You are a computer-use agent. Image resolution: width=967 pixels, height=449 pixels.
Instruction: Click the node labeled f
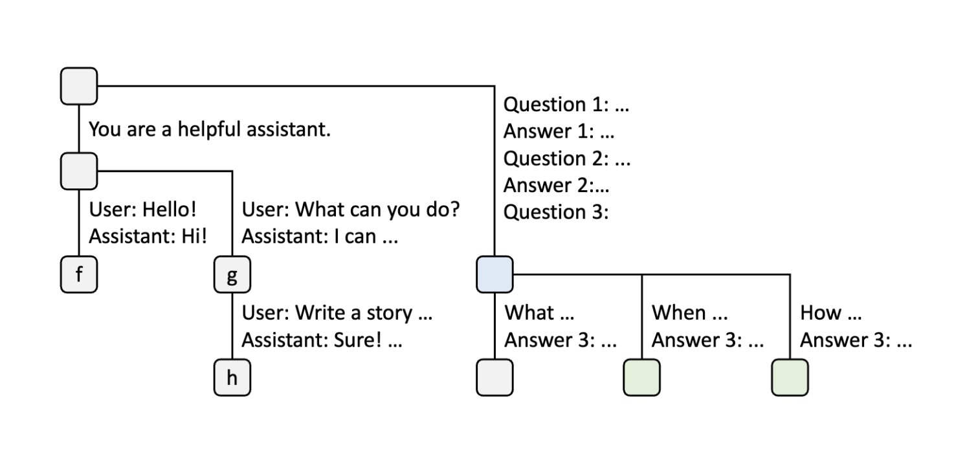click(79, 275)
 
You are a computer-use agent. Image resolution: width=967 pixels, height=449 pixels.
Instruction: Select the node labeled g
click(232, 276)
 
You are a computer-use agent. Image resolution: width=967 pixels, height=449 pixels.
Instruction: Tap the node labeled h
click(232, 378)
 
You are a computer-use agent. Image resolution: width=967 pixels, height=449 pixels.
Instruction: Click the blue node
click(495, 274)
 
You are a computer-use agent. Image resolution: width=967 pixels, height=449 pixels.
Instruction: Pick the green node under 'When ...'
click(641, 377)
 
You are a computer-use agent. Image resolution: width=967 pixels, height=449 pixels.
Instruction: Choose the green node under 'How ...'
click(790, 377)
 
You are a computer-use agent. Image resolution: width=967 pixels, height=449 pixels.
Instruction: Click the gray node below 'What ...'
click(495, 377)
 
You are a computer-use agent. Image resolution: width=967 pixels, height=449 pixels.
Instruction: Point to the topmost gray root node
click(79, 86)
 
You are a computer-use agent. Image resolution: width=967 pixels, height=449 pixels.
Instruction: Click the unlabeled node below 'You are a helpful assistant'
click(79, 171)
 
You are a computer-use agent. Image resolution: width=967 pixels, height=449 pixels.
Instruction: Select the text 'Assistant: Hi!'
click(148, 236)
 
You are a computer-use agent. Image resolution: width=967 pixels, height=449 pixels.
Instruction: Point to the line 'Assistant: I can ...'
click(320, 236)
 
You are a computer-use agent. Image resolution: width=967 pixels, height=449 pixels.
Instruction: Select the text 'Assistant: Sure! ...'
click(322, 340)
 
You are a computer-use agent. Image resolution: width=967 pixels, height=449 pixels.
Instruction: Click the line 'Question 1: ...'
click(566, 104)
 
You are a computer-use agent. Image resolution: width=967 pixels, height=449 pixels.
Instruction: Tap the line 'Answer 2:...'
click(556, 186)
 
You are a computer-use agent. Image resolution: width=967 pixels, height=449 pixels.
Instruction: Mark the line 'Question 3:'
click(556, 212)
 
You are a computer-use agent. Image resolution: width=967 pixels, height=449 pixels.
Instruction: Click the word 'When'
click(678, 313)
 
